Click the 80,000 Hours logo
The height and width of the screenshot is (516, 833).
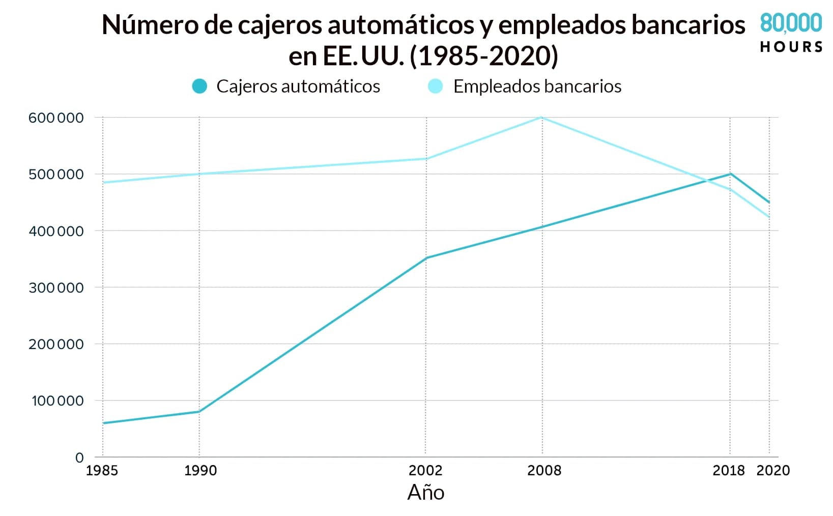point(791,33)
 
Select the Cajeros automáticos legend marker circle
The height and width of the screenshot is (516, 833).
point(199,87)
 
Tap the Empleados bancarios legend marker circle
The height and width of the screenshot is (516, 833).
point(436,87)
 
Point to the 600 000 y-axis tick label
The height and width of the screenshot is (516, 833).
point(56,118)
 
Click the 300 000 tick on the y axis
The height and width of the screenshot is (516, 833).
point(56,288)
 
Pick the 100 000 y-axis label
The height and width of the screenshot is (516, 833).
point(58,401)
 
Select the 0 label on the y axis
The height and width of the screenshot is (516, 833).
point(79,457)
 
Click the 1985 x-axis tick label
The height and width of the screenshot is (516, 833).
point(102,470)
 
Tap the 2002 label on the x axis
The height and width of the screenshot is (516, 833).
point(425,470)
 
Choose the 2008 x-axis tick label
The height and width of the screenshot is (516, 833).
point(544,470)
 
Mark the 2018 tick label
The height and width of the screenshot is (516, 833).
point(728,470)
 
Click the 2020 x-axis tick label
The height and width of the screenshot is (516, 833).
point(773,470)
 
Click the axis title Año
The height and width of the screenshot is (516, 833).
point(426,493)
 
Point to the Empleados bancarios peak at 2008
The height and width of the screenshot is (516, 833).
point(542,118)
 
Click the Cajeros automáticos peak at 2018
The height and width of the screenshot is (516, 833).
point(731,174)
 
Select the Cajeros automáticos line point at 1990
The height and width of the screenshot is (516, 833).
point(199,412)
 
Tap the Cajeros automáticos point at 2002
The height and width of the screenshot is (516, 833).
point(426,258)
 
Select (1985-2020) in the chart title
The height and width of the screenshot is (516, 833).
point(484,56)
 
